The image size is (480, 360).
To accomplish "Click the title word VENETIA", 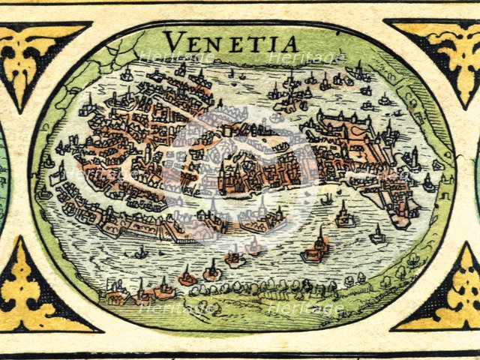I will [230, 41].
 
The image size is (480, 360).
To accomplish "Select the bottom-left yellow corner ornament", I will [37, 296].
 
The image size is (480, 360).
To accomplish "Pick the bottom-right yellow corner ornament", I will [442, 296].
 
